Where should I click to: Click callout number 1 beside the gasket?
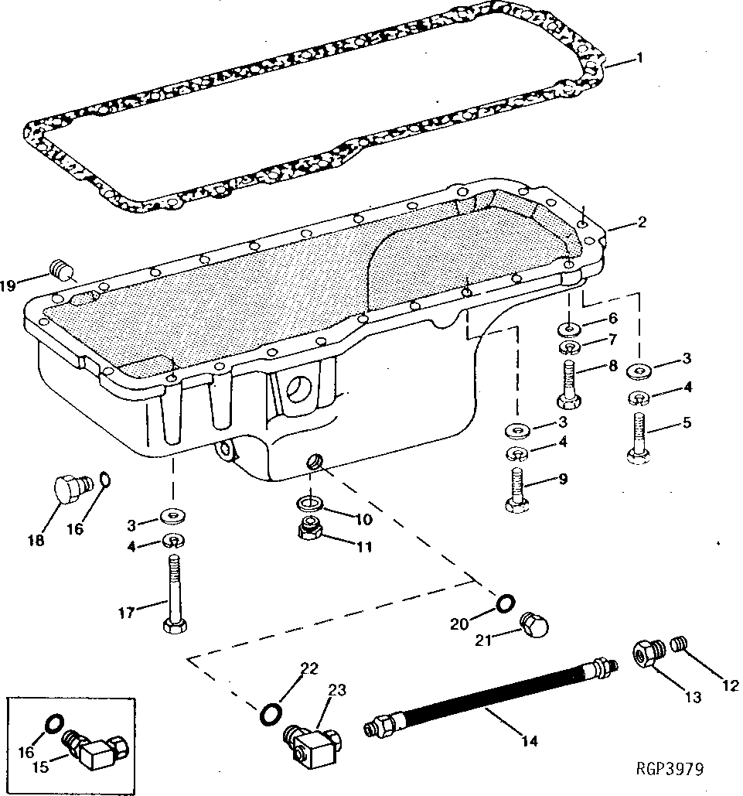pyautogui.click(x=639, y=57)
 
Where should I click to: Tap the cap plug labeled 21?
pyautogui.click(x=533, y=623)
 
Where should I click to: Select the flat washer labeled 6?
pyautogui.click(x=570, y=328)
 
